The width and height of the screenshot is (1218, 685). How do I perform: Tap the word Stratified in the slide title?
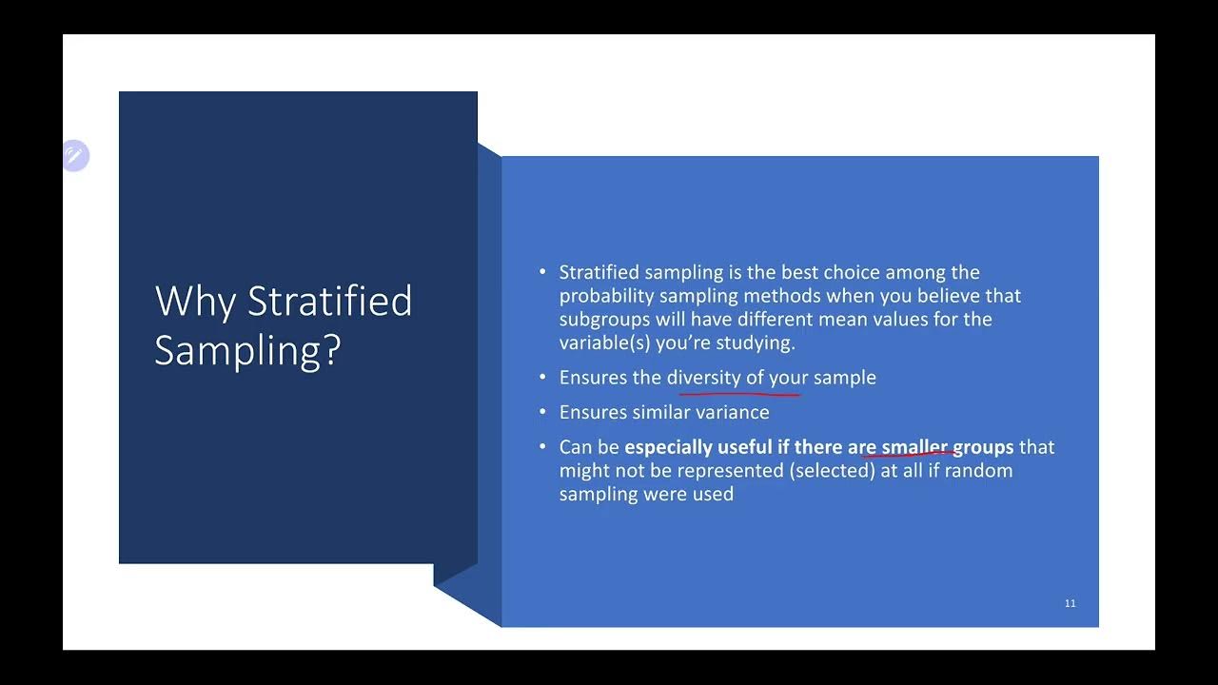coord(329,302)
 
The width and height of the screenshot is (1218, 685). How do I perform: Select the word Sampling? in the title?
coord(247,350)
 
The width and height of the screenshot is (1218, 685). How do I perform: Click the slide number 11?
coord(1071,603)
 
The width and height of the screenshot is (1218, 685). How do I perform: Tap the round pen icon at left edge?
coord(75,155)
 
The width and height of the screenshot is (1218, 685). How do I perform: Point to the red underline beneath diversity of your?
coord(739,390)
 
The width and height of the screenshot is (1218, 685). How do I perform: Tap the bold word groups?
coord(983,447)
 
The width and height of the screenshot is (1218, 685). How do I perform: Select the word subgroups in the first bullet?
coord(604,320)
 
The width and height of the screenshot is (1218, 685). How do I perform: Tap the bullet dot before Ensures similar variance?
coord(542,412)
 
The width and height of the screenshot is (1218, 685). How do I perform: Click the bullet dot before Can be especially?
coord(542,446)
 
